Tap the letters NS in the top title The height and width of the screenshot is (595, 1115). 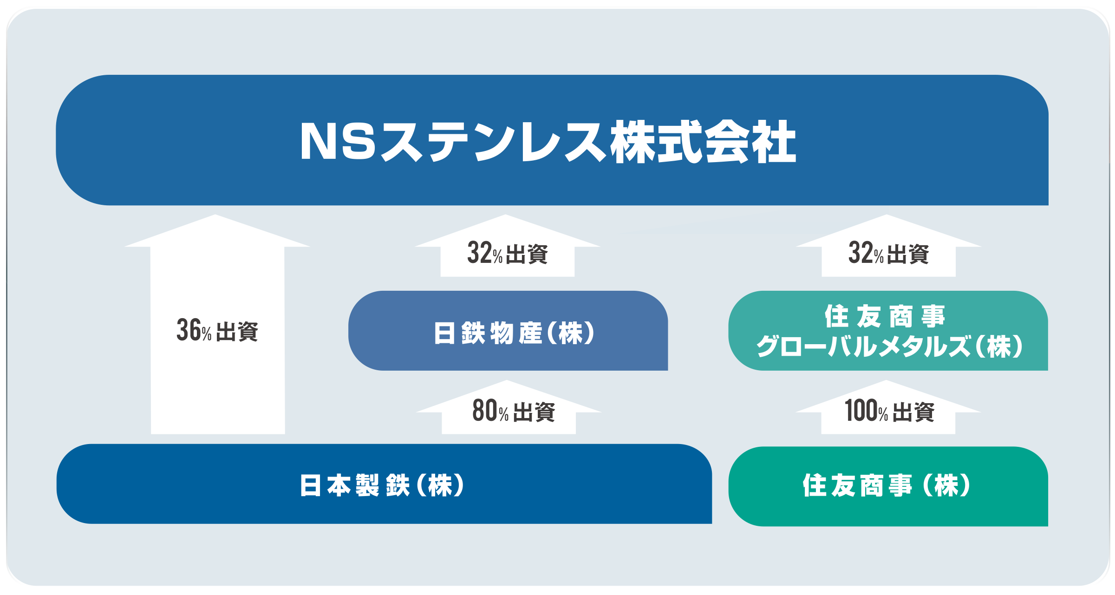pyautogui.click(x=338, y=142)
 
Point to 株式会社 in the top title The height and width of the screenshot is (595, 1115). pyautogui.click(x=703, y=142)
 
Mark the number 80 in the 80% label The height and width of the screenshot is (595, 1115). pyautogui.click(x=485, y=411)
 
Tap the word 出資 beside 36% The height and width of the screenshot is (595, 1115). pyautogui.click(x=237, y=332)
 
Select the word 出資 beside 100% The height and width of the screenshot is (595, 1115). pyautogui.click(x=913, y=412)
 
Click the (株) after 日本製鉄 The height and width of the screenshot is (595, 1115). pyautogui.click(x=440, y=485)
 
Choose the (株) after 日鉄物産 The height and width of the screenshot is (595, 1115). pyautogui.click(x=571, y=333)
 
